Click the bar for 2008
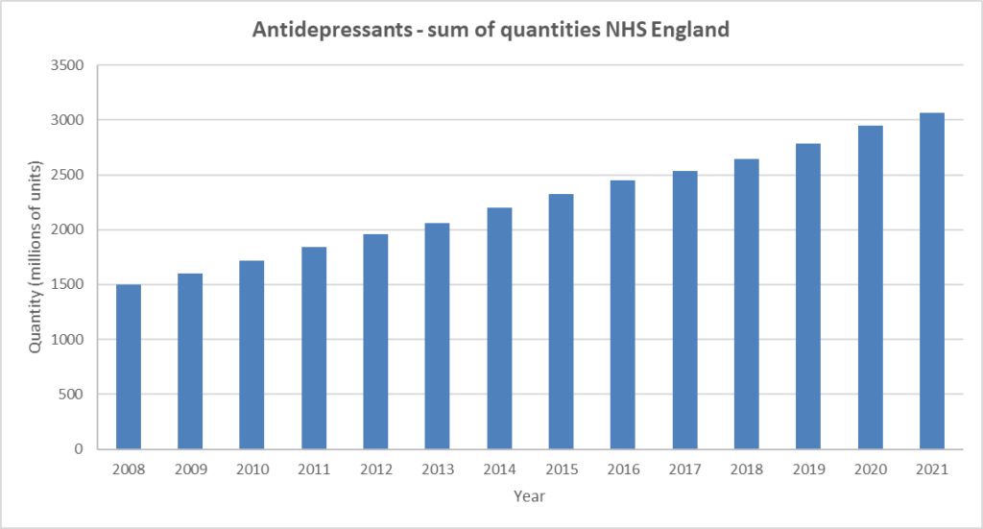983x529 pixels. click(129, 367)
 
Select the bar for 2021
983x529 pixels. click(932, 280)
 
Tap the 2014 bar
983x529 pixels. click(499, 328)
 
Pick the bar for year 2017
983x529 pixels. click(685, 310)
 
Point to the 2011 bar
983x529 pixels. click(314, 348)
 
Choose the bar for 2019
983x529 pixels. click(808, 297)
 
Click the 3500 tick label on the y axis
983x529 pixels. click(67, 65)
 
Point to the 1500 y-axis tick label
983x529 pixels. click(67, 284)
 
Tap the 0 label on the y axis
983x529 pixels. click(79, 448)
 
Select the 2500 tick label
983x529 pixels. click(67, 175)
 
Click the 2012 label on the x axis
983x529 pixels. click(376, 469)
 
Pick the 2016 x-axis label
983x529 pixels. click(623, 469)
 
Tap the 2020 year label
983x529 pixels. click(871, 469)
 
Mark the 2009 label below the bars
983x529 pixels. click(191, 469)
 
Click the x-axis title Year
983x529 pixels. click(529, 496)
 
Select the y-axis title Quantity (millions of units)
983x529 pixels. click(36, 257)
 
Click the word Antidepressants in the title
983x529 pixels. click(332, 30)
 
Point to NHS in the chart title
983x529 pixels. click(626, 29)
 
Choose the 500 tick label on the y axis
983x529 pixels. click(71, 395)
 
